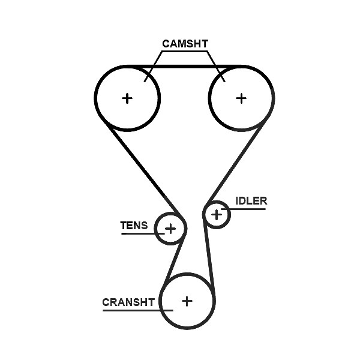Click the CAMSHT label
click(185, 44)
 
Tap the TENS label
click(134, 226)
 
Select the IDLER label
click(251, 201)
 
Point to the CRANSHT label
click(128, 302)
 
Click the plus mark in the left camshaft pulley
click(127, 98)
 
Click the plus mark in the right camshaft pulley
click(241, 98)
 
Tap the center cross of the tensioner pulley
click(170, 229)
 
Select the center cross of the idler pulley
click(217, 215)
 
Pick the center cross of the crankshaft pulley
click(187, 301)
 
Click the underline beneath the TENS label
click(143, 234)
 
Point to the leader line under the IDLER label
click(244, 209)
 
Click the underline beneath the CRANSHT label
click(138, 310)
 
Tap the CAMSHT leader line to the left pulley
click(154, 67)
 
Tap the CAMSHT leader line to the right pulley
click(216, 67)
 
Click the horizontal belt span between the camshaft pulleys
click(184, 67)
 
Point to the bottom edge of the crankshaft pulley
click(187, 328)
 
